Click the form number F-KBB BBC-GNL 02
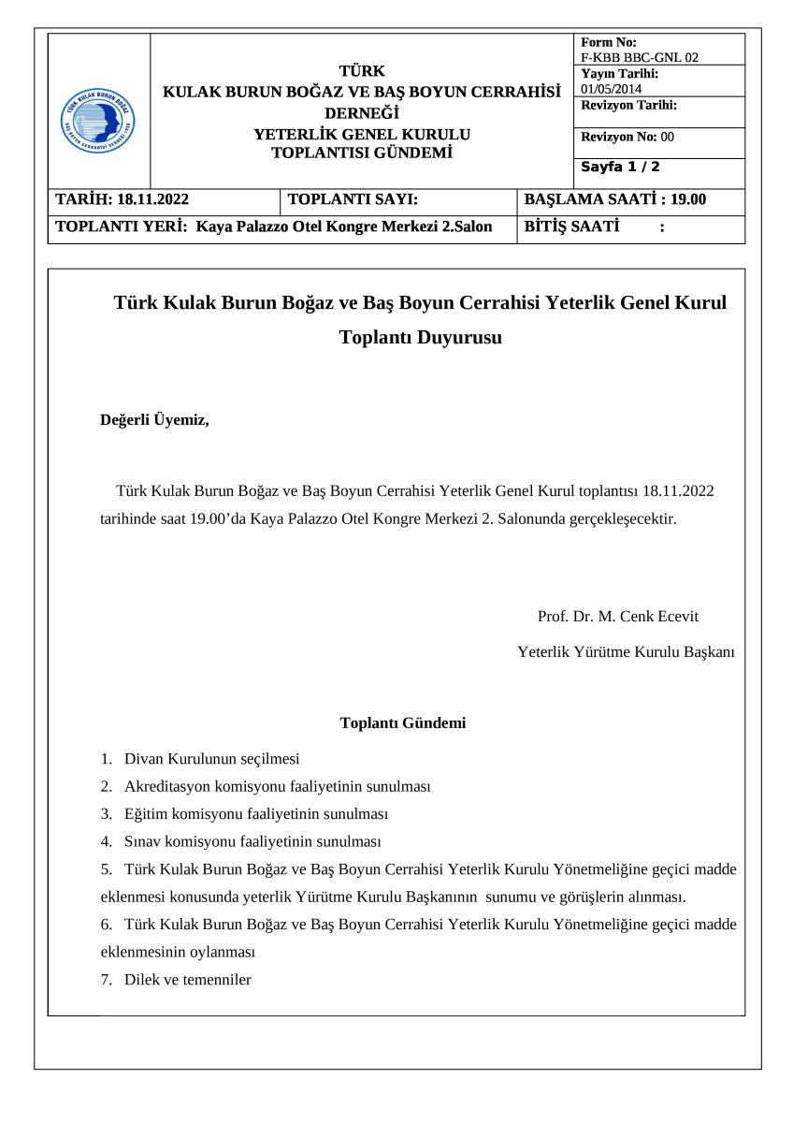[x=640, y=57]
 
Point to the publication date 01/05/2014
[x=612, y=89]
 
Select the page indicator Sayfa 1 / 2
[x=620, y=168]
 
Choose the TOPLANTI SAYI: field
[x=353, y=199]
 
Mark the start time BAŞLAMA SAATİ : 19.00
[x=615, y=199]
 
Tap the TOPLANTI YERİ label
[x=123, y=226]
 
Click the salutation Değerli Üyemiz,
[x=154, y=420]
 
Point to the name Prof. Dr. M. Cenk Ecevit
[x=618, y=617]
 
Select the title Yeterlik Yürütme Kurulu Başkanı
[x=627, y=651]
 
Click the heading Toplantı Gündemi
[x=403, y=722]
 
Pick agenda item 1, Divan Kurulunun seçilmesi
[x=211, y=759]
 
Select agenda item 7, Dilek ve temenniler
[x=187, y=980]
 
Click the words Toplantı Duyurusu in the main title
[x=420, y=338]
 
